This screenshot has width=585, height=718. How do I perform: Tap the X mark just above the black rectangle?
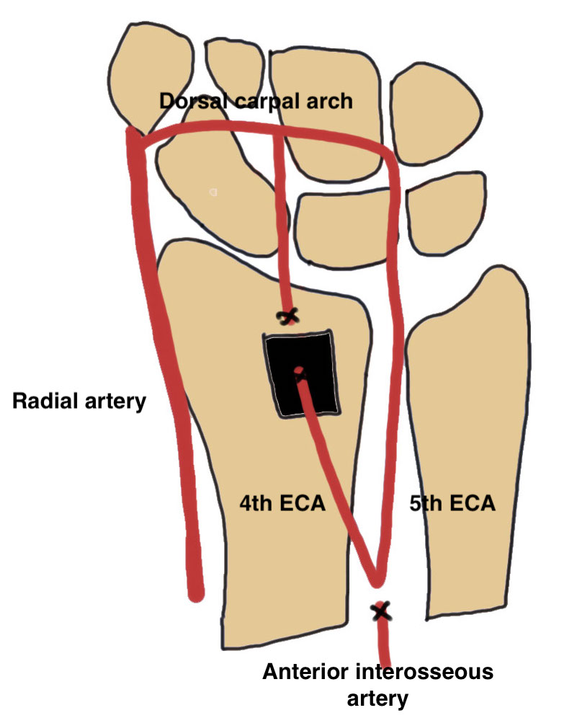tap(289, 316)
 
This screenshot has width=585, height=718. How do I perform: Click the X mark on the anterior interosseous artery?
tap(380, 612)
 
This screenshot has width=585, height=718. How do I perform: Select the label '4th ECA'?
tap(282, 503)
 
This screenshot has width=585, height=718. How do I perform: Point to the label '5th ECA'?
tap(452, 503)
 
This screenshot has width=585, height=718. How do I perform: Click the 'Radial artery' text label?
tap(79, 401)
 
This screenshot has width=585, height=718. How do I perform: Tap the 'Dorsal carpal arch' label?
tap(256, 100)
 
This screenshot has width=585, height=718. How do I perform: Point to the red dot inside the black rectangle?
tap(298, 372)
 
